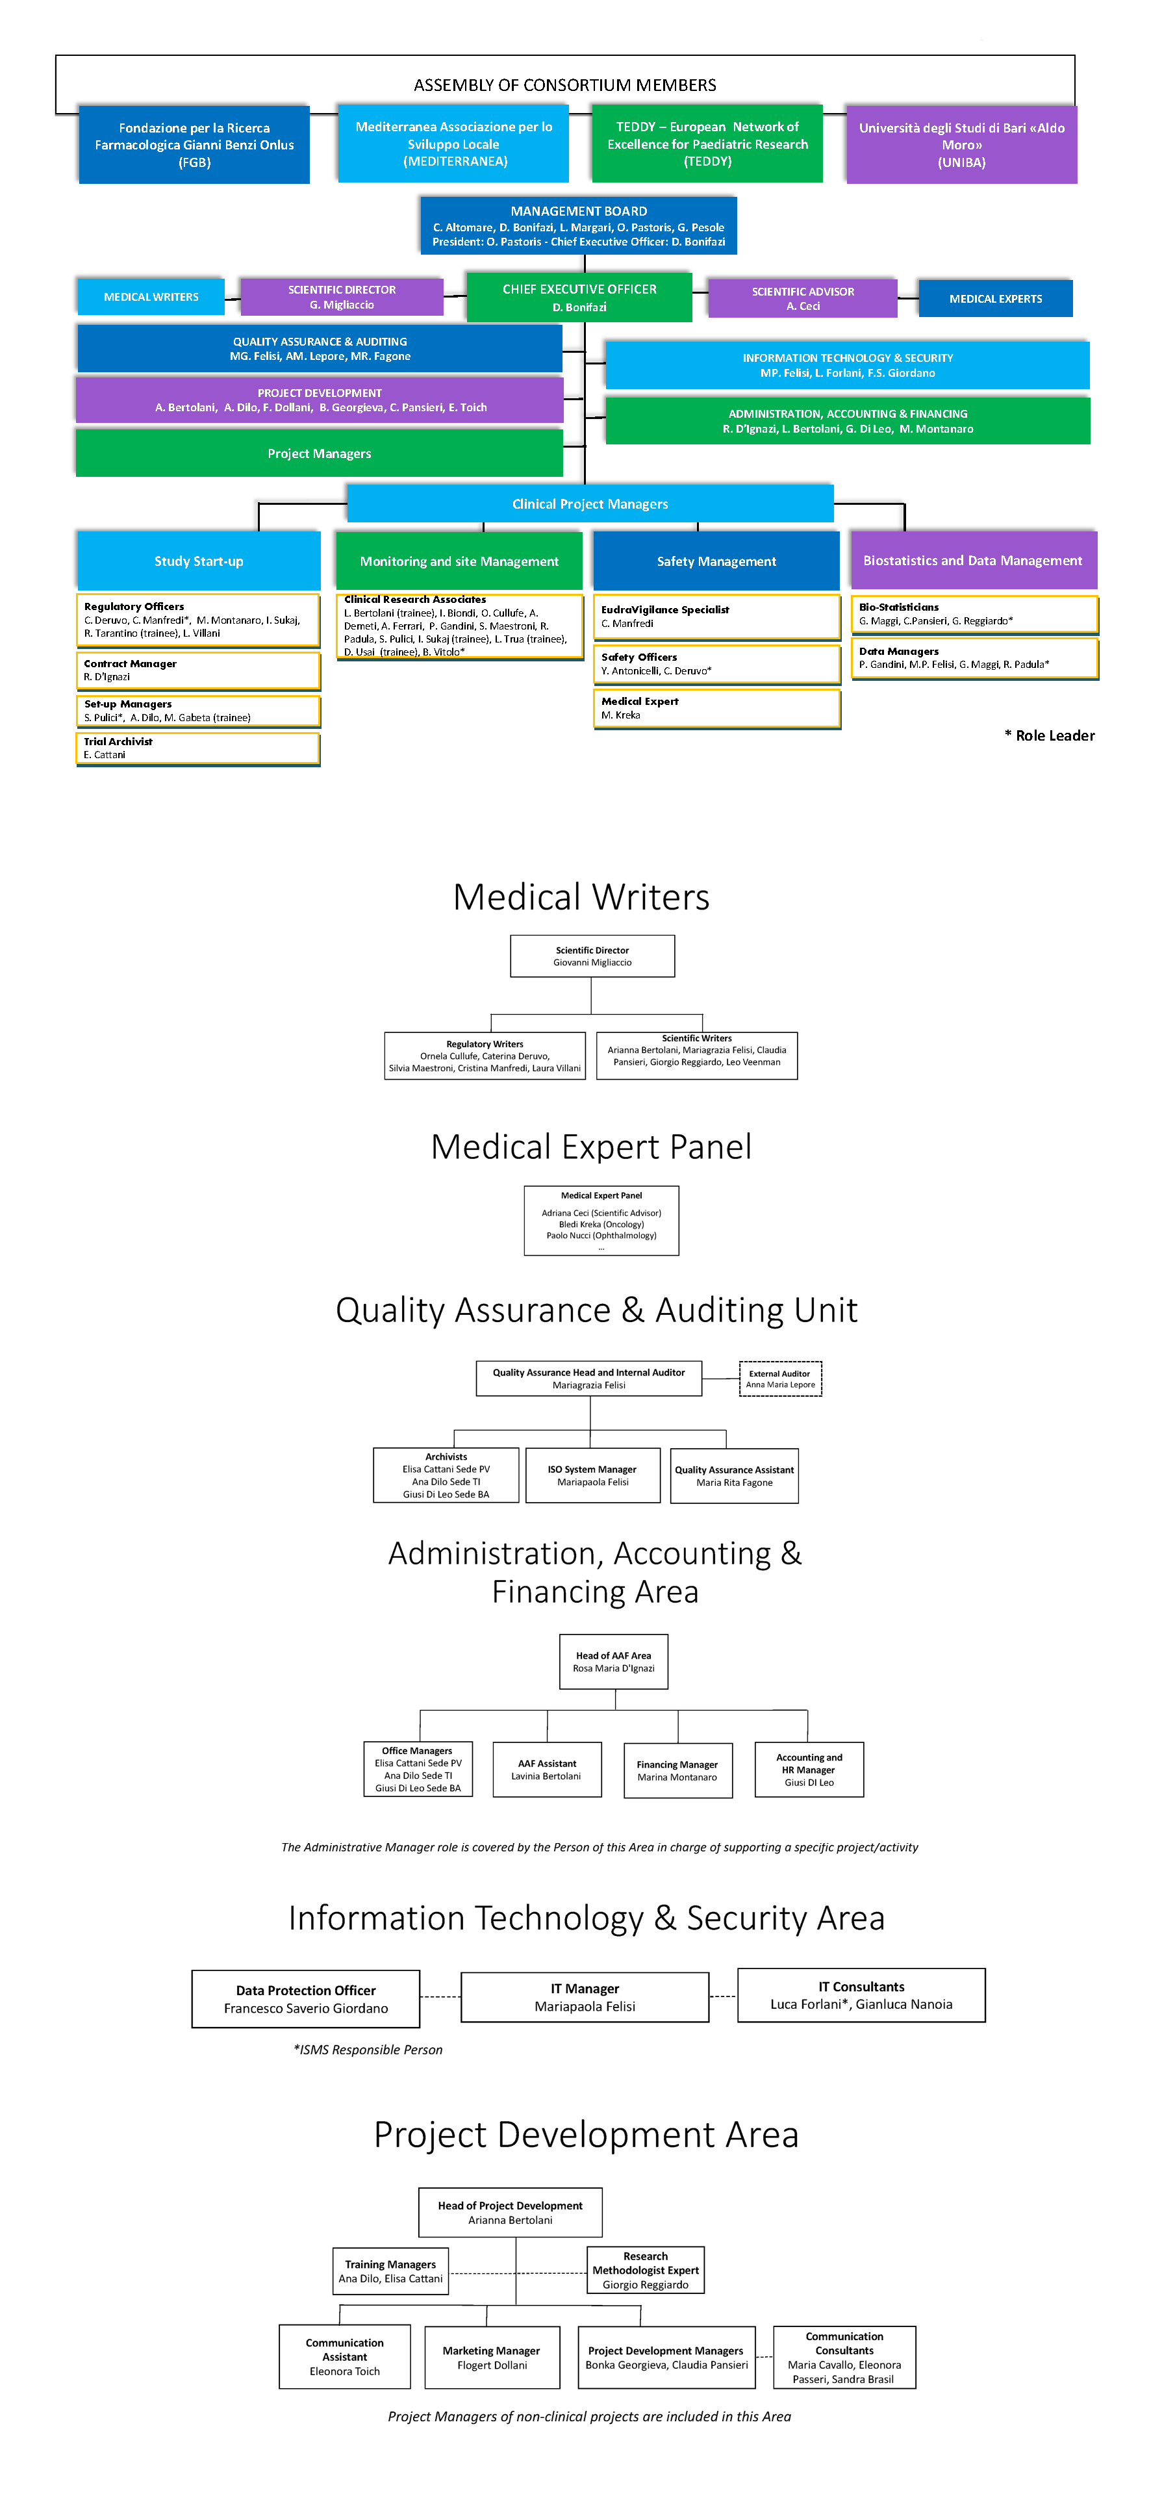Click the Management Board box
(578, 225)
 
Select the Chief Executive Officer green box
(579, 296)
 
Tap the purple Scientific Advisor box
(802, 298)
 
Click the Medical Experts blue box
(996, 298)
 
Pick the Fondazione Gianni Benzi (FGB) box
(194, 144)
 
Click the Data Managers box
(974, 659)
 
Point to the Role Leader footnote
(1050, 735)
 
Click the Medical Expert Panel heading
(591, 1147)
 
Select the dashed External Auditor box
(780, 1379)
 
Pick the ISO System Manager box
(593, 1475)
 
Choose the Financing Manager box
(677, 1770)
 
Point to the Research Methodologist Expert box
(645, 2270)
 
